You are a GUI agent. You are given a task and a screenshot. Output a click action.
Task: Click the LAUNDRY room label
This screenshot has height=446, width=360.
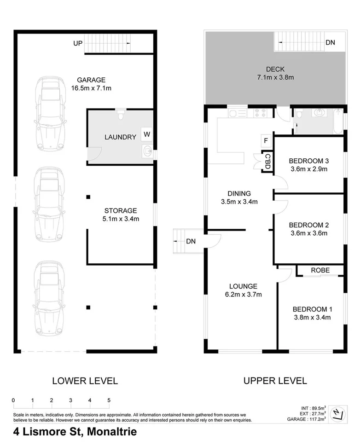[x=120, y=137]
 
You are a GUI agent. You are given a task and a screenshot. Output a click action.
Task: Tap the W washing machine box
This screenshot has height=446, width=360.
[x=147, y=134]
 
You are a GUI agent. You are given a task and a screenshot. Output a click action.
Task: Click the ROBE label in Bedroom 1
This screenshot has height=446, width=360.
[x=320, y=270]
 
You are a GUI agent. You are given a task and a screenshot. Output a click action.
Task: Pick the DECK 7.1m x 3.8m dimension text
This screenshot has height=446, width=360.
[x=275, y=78]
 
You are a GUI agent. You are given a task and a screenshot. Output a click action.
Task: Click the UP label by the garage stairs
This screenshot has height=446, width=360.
[x=77, y=43]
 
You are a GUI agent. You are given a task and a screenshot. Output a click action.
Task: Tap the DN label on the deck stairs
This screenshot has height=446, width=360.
[x=330, y=43]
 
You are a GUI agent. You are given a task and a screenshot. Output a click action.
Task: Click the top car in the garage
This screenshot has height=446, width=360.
[x=48, y=107]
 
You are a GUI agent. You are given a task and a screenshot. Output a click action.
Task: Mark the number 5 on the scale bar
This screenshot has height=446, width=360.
[x=109, y=400]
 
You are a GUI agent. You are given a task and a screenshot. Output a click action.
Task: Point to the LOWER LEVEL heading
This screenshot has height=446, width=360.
[x=85, y=381]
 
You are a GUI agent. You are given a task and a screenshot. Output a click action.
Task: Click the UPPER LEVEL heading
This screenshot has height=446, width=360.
[x=275, y=381]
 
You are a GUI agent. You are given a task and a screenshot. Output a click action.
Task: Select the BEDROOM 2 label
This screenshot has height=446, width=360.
[x=308, y=225]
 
